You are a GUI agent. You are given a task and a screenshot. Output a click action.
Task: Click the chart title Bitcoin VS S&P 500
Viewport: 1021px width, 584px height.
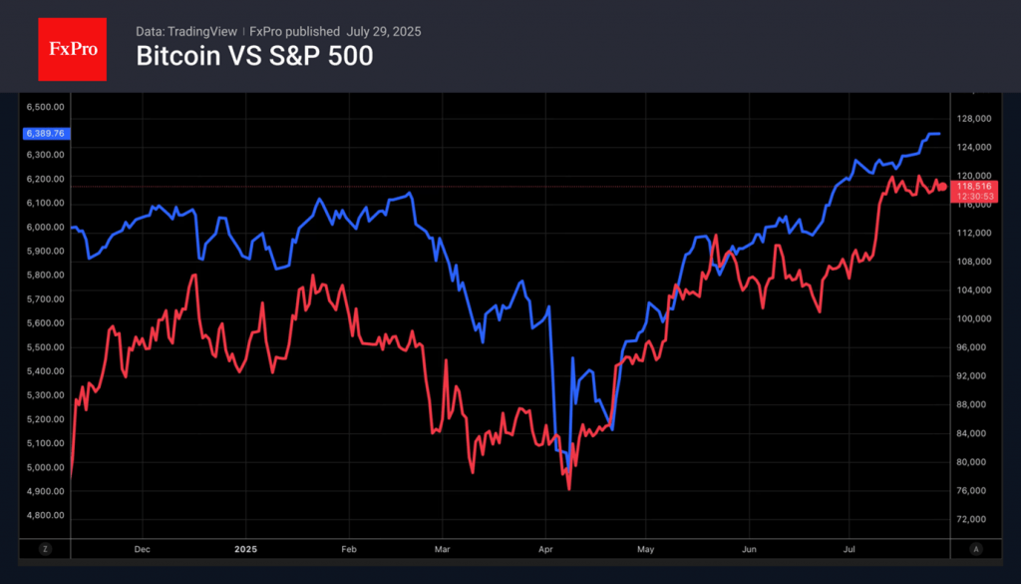click(254, 57)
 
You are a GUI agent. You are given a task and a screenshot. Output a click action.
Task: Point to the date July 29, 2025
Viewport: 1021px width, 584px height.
click(383, 32)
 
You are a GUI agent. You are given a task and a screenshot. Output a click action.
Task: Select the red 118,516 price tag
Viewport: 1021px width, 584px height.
click(973, 186)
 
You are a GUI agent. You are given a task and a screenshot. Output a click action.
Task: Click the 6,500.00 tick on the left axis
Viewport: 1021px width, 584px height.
click(45, 107)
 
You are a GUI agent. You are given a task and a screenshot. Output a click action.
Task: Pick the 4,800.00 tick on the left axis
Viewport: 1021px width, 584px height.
click(45, 515)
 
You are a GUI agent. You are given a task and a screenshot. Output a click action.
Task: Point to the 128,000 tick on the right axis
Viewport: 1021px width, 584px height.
click(972, 118)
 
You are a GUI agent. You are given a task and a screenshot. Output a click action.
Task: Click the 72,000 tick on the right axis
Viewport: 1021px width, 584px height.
click(972, 519)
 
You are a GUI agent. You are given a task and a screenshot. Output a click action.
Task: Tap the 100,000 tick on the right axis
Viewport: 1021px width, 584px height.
click(972, 318)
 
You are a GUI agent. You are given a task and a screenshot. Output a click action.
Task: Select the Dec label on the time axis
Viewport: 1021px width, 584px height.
click(141, 548)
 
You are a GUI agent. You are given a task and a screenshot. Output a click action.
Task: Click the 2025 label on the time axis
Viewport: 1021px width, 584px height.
click(245, 548)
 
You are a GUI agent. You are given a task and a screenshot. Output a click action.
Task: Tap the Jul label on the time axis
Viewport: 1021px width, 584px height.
click(850, 548)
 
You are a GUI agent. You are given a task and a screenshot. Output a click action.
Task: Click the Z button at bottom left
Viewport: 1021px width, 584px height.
click(46, 548)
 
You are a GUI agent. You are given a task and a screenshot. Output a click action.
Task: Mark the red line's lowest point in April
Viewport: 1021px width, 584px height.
click(568, 488)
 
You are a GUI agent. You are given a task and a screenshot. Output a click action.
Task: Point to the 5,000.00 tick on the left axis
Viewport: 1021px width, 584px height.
click(45, 467)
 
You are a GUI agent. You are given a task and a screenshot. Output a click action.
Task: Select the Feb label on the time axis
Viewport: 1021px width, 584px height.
click(349, 548)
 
